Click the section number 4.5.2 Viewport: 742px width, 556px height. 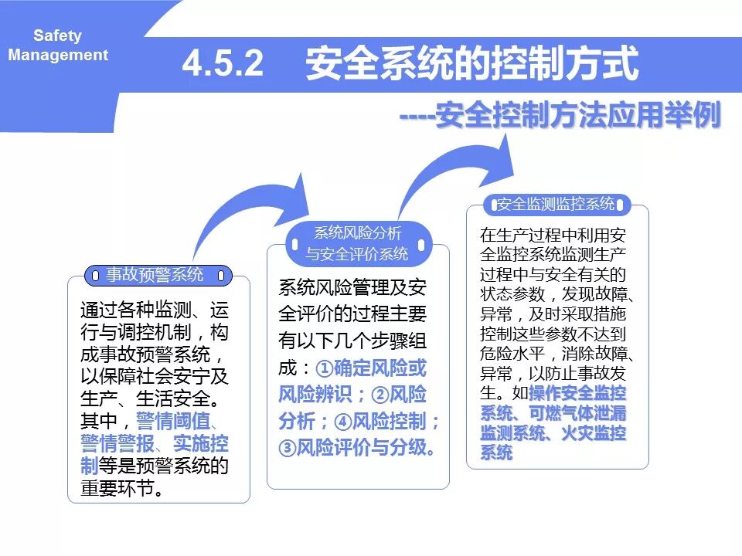point(223,64)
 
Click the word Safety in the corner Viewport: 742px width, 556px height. point(57,36)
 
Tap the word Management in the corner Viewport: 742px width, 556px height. point(58,55)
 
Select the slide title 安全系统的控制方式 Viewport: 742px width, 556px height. point(472,64)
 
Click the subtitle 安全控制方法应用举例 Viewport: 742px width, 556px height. point(578,117)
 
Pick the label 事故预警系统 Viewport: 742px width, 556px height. point(155,274)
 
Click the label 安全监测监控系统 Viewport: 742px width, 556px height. point(556,205)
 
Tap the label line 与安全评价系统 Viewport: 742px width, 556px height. point(357,254)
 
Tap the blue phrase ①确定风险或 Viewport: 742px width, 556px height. point(370,368)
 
